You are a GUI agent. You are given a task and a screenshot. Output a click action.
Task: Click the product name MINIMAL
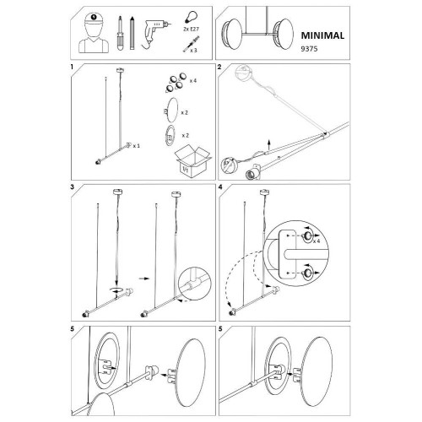tap(322, 35)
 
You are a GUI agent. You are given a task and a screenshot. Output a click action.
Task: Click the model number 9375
tap(309, 49)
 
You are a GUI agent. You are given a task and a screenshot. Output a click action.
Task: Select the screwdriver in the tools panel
tap(120, 33)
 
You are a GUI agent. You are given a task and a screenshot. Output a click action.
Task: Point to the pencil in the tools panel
tap(133, 33)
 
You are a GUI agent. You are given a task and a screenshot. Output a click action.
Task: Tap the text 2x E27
tap(192, 29)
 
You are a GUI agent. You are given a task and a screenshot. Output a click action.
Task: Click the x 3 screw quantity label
tap(193, 51)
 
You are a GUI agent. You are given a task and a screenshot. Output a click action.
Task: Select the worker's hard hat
tap(94, 19)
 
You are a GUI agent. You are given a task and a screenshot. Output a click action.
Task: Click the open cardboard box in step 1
tap(192, 161)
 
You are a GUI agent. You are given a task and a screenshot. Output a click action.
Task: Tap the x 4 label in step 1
tap(193, 81)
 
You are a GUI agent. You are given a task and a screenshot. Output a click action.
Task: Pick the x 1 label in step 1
tap(137, 146)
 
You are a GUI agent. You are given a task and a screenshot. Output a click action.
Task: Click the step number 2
tap(219, 67)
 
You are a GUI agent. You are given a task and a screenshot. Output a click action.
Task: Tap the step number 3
tap(73, 187)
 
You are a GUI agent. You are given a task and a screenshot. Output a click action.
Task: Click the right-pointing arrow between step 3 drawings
tap(144, 279)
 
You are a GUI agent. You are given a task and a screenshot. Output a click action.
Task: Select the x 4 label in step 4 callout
tap(316, 241)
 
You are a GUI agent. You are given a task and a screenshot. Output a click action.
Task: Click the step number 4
tap(220, 187)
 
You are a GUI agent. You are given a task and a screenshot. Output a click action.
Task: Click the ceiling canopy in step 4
tap(263, 192)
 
